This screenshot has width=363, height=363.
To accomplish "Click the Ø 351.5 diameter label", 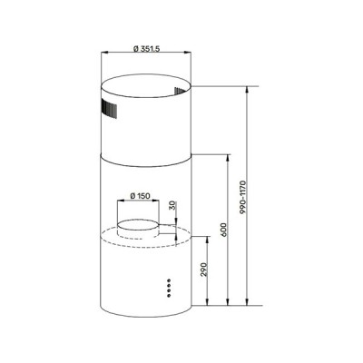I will point(144,47).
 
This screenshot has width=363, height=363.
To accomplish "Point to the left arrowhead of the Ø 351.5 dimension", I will point(101,55).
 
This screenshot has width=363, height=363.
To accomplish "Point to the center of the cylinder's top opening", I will point(146,88).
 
